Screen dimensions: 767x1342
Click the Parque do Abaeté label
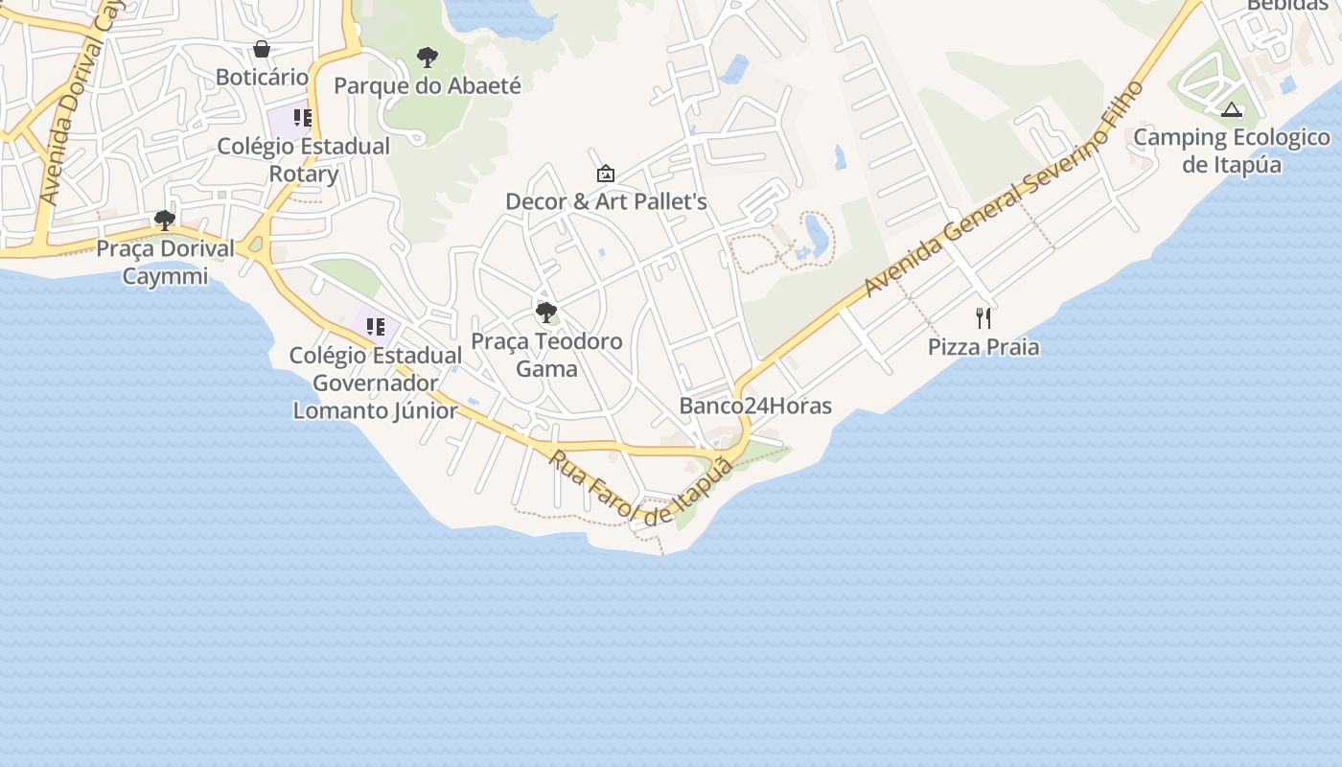(428, 85)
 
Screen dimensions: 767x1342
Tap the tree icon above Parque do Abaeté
(428, 58)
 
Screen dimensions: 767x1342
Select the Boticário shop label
(262, 77)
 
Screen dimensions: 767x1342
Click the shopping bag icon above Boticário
(262, 49)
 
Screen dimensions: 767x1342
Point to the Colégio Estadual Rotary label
(303, 160)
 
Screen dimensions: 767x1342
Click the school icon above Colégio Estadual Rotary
(303, 118)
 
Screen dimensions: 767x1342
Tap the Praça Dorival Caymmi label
(165, 263)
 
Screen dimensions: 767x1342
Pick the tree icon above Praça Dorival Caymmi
(165, 221)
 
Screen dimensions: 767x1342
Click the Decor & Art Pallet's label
(606, 201)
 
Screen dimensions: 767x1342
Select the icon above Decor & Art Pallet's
(606, 174)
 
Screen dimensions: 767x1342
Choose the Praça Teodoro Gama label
(546, 355)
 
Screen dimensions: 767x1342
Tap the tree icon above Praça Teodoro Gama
(546, 313)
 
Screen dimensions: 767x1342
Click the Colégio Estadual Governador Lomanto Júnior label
(376, 383)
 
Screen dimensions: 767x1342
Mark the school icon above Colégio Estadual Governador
(376, 327)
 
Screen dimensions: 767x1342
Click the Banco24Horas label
(755, 406)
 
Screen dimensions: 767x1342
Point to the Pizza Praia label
(983, 346)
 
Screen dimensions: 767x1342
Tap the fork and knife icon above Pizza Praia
(983, 318)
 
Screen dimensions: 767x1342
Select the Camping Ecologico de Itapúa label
(1232, 151)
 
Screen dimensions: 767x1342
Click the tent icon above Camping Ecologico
(1232, 109)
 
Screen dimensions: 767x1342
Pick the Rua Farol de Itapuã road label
(640, 488)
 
